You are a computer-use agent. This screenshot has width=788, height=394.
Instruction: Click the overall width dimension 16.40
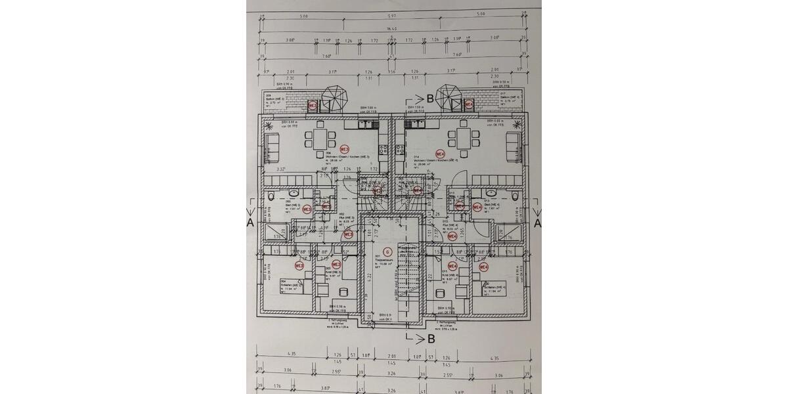pos(392,29)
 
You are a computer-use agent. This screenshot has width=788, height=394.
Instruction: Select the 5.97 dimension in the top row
pos(392,14)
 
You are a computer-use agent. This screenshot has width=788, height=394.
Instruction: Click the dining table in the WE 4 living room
pos(464,139)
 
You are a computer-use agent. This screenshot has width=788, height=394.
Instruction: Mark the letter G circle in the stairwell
pos(387,252)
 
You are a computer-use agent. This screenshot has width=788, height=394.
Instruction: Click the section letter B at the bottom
pos(430,339)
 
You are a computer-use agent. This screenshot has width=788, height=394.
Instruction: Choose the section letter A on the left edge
pos(250,223)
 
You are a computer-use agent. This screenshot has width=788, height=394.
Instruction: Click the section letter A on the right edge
pos(536,223)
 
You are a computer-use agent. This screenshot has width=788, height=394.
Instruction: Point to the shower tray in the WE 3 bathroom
pos(273,229)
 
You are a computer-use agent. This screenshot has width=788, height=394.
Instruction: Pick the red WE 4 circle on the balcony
pos(469,104)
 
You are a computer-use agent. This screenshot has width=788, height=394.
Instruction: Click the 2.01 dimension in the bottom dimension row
pos(393,355)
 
